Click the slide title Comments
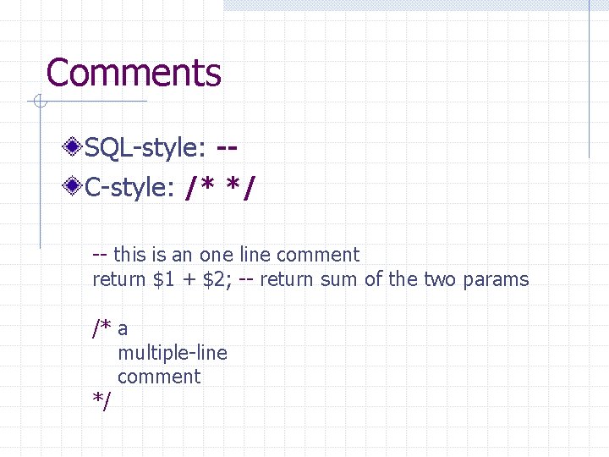click(x=134, y=73)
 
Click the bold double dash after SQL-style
click(x=226, y=149)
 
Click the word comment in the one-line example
click(x=317, y=255)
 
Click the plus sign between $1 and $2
click(x=191, y=280)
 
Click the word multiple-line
click(x=173, y=353)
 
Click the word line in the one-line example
click(x=255, y=255)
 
